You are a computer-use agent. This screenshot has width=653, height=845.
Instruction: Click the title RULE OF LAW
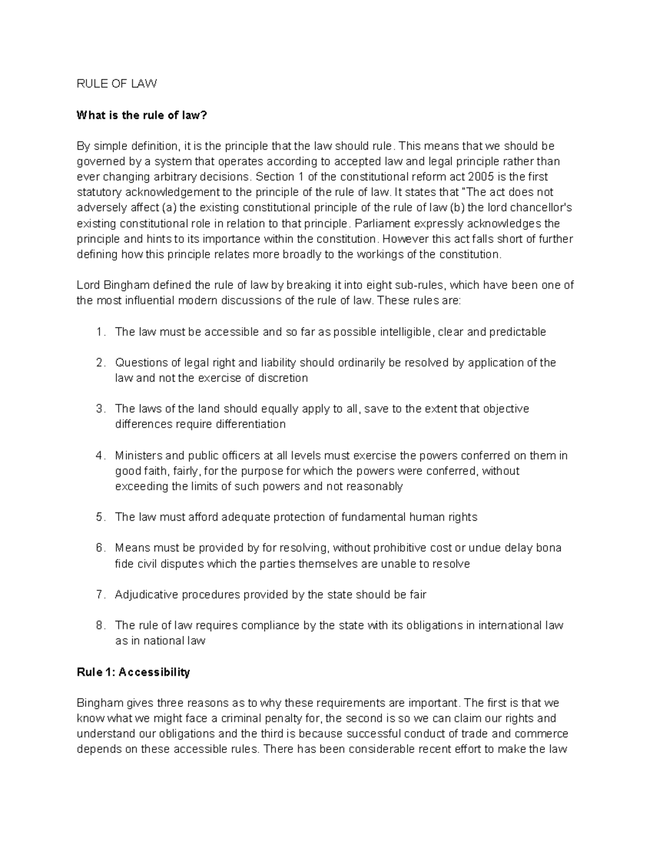(x=116, y=84)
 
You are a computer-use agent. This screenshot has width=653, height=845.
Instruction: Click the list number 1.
(x=100, y=332)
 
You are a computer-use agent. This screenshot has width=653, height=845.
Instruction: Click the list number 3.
(x=100, y=409)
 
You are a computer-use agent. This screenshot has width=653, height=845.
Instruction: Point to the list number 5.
(x=100, y=517)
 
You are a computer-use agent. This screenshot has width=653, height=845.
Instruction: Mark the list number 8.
(x=100, y=626)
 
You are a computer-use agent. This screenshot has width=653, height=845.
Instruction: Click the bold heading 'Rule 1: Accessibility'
(x=133, y=673)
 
